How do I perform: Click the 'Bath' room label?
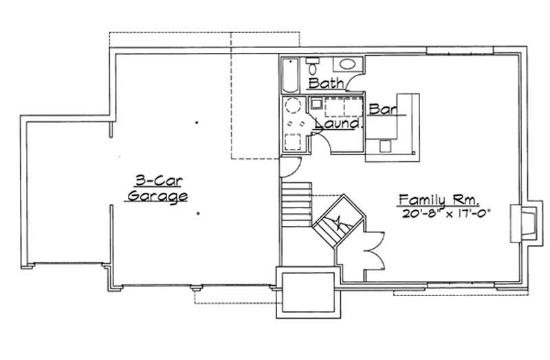[326, 84]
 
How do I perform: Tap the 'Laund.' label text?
[338, 125]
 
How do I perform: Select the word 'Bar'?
[380, 109]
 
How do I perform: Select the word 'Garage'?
[157, 197]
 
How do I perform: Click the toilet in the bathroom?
[313, 67]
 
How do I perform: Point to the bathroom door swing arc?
[356, 83]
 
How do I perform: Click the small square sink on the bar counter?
[384, 144]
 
